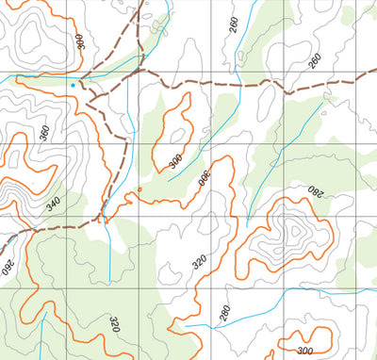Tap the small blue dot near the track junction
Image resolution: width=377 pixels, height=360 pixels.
72,85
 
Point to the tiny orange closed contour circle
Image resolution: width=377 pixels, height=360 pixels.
139,189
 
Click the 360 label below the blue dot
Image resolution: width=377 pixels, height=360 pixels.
43,133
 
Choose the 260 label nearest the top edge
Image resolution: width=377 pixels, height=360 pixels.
233,25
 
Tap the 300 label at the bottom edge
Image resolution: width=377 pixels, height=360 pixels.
303,351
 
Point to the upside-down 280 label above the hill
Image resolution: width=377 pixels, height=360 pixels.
314,193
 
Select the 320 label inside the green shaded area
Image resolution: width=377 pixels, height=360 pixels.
115,326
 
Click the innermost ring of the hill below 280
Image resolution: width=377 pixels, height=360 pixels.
294,230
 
